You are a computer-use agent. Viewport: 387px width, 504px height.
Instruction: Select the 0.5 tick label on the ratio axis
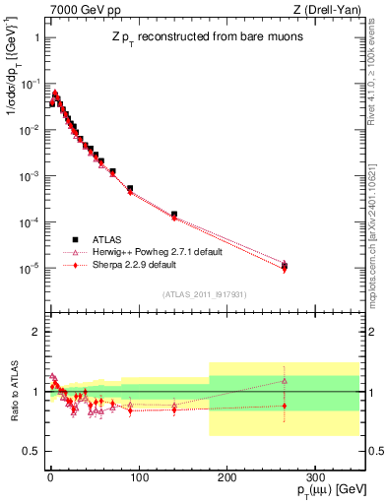point(30,451)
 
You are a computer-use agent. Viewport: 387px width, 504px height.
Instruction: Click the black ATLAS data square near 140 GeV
point(173,214)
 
